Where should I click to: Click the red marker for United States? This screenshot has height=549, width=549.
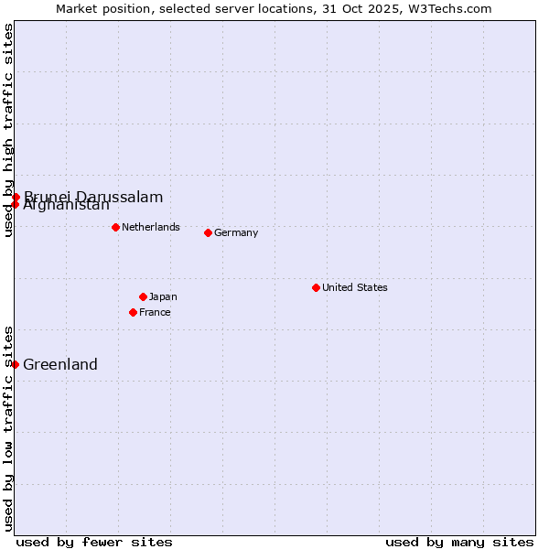tap(316, 287)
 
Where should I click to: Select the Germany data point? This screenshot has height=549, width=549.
tap(208, 232)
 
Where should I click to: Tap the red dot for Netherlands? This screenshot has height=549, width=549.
tap(115, 227)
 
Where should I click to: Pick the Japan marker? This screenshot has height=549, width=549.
tap(143, 296)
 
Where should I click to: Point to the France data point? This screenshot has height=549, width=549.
tap(133, 312)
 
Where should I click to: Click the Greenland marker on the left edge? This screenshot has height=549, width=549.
tap(15, 364)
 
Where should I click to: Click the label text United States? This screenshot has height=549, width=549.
tap(355, 287)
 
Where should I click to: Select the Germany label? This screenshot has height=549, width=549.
tap(236, 232)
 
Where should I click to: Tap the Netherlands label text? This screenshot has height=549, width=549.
tap(151, 227)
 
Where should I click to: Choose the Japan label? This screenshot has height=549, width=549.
tap(163, 296)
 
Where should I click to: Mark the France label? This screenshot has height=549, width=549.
tap(155, 312)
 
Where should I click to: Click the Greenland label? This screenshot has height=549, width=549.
tap(60, 364)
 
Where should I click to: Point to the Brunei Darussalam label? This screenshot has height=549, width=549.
tap(93, 197)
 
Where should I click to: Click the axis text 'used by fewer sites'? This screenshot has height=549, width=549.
tap(94, 542)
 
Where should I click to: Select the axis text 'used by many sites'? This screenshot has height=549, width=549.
tap(459, 542)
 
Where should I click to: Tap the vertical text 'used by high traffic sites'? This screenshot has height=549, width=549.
tap(8, 130)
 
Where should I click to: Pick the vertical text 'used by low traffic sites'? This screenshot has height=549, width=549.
tap(8, 427)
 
